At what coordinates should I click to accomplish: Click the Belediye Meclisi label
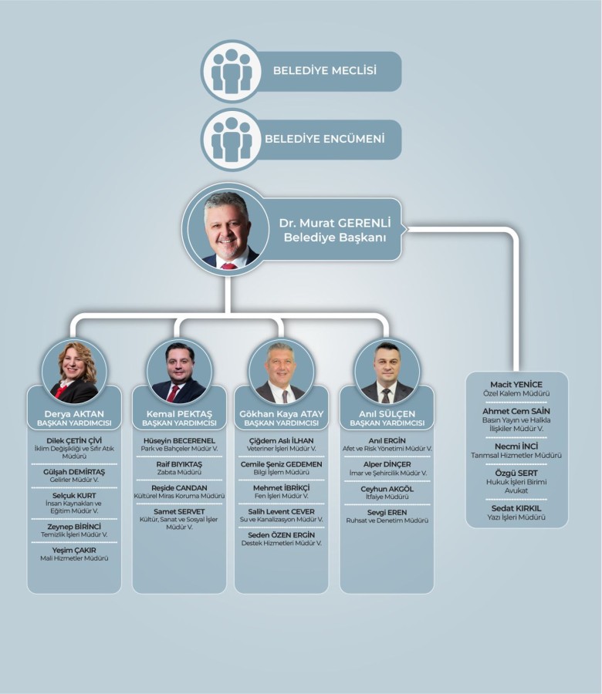324,70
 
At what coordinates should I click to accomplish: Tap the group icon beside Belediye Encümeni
232,140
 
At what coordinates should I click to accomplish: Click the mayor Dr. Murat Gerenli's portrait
230,229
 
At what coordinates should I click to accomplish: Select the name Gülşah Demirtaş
74,471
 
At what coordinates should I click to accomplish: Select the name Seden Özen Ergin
281,534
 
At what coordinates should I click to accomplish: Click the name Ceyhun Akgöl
387,489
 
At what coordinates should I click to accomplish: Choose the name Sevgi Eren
387,512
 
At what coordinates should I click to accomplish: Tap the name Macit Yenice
516,384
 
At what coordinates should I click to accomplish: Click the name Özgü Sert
516,473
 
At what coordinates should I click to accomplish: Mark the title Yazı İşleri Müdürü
516,517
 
